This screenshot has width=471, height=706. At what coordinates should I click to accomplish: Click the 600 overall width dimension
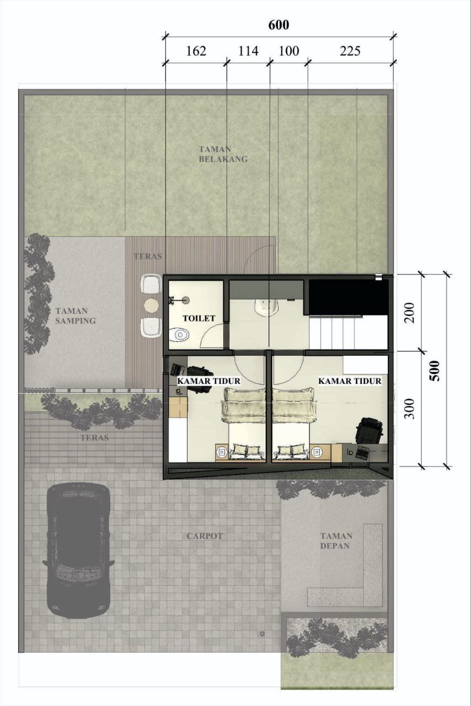pyautogui.click(x=279, y=25)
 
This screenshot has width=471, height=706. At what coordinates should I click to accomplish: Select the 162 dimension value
pyautogui.click(x=196, y=51)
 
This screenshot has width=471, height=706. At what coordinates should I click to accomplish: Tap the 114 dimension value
pyautogui.click(x=248, y=51)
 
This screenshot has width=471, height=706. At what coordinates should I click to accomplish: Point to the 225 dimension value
pyautogui.click(x=350, y=51)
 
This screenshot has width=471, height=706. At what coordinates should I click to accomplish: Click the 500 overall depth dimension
pyautogui.click(x=435, y=371)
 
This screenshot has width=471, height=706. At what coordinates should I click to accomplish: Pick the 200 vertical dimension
pyautogui.click(x=410, y=313)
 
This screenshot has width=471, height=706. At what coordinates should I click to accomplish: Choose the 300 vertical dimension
pyautogui.click(x=410, y=409)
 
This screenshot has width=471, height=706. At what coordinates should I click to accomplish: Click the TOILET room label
pyautogui.click(x=199, y=318)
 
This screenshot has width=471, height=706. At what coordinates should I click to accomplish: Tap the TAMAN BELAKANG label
pyautogui.click(x=223, y=154)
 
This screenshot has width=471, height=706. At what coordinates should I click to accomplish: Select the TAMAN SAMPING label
pyautogui.click(x=76, y=316)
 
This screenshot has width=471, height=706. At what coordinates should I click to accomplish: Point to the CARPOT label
pyautogui.click(x=205, y=536)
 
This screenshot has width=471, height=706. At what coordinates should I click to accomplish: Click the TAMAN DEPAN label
pyautogui.click(x=336, y=541)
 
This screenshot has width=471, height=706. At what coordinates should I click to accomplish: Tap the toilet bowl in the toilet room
pyautogui.click(x=179, y=334)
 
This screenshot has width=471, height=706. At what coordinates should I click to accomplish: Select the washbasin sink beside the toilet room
pyautogui.click(x=267, y=306)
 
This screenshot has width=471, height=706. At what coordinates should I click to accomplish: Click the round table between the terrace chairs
pyautogui.click(x=151, y=306)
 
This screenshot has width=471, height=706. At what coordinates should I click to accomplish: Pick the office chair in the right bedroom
pyautogui.click(x=369, y=430)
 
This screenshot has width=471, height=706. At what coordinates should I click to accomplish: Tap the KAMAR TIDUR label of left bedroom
pyautogui.click(x=208, y=381)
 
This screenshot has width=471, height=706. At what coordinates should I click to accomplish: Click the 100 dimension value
pyautogui.click(x=289, y=51)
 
